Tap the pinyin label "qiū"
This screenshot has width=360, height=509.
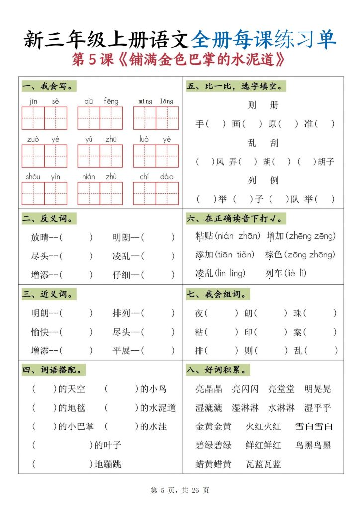pos(89,101)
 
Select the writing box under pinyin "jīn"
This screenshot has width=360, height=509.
pos(33,118)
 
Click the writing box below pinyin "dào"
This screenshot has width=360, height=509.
pos(167,194)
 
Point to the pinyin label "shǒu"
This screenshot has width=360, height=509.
pos(33,177)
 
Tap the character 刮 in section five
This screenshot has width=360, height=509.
pos(274,143)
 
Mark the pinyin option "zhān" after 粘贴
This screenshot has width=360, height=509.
pos(248,236)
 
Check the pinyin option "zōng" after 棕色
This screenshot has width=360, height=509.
pos(293,255)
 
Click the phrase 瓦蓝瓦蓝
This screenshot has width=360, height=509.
pos(264,464)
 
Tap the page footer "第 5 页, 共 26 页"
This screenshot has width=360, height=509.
pos(180,490)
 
